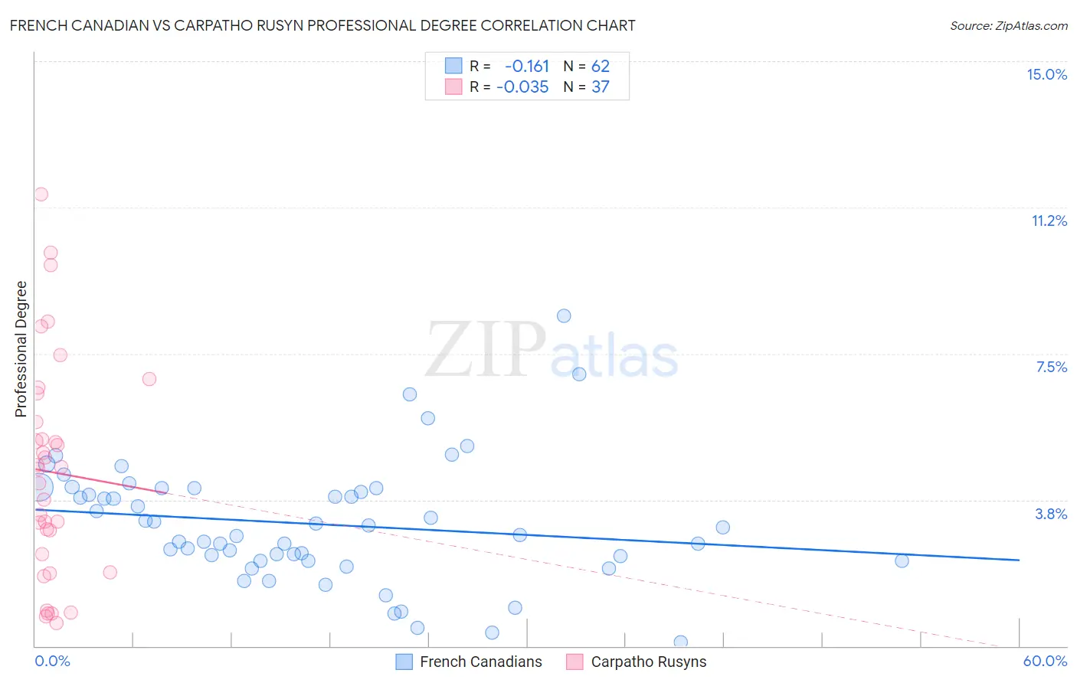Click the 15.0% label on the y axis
pyautogui.click(x=1046, y=74)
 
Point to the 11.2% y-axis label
pyautogui.click(x=1049, y=221)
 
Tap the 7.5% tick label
pyautogui.click(x=1051, y=367)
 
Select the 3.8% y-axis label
pyautogui.click(x=1051, y=514)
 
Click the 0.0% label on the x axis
pyautogui.click(x=52, y=661)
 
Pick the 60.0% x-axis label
pyautogui.click(x=1045, y=661)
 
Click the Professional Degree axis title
pyautogui.click(x=21, y=349)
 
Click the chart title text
pyautogui.click(x=322, y=25)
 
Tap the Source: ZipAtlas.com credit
pyautogui.click(x=1008, y=25)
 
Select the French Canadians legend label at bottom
pyautogui.click(x=480, y=662)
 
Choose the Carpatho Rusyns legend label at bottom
pyautogui.click(x=648, y=662)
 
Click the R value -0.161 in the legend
pyautogui.click(x=527, y=66)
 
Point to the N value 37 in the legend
pyautogui.click(x=600, y=87)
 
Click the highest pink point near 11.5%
pyautogui.click(x=41, y=194)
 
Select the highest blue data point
pyautogui.click(x=564, y=315)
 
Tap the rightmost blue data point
pyautogui.click(x=902, y=560)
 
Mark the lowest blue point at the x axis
pyautogui.click(x=680, y=642)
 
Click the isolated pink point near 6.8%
pyautogui.click(x=149, y=379)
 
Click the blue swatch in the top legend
pyautogui.click(x=453, y=66)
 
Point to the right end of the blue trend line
pyautogui.click(x=1019, y=560)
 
